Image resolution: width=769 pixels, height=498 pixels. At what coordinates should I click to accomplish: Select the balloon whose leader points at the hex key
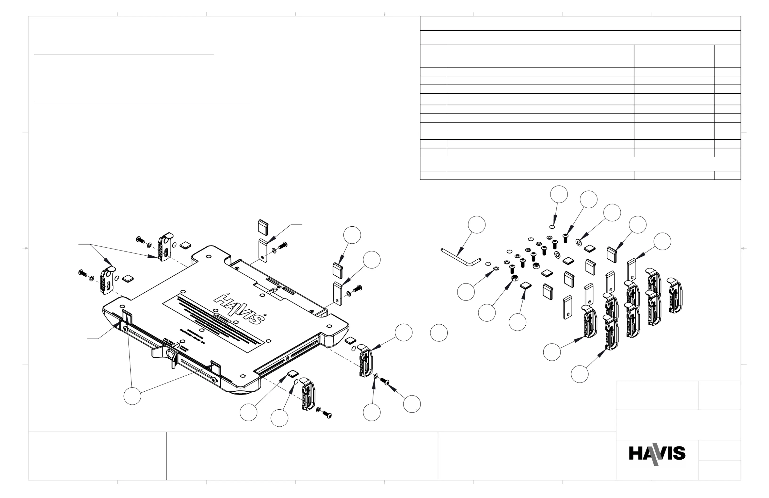477,224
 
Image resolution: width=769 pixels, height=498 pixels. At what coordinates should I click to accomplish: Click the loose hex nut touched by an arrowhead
515,278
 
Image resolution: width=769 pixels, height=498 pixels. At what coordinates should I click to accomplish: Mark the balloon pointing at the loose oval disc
559,194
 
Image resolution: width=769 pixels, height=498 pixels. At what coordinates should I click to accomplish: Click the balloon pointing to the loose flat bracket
662,241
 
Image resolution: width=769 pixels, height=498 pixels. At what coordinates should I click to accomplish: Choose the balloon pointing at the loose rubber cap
638,225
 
